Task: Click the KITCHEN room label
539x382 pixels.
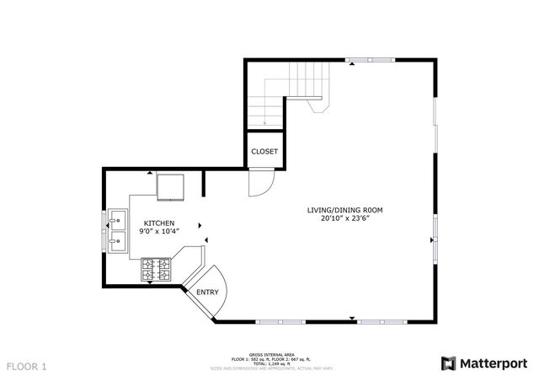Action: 157,223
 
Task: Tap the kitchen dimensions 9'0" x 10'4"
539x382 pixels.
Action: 157,231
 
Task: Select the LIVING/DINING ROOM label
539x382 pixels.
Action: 345,210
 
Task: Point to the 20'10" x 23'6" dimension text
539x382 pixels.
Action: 345,218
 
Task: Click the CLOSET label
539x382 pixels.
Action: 264,152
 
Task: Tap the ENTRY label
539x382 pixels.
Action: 207,293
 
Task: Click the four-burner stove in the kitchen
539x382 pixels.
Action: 156,270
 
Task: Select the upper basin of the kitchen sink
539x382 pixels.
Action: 117,221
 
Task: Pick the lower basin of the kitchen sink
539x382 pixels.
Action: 117,243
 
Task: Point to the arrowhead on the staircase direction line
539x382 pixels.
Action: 264,124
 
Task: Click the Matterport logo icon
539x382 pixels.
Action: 449,363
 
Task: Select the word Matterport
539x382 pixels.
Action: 493,363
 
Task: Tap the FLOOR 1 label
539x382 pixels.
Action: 27,367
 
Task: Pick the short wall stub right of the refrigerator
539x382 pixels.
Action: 204,183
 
